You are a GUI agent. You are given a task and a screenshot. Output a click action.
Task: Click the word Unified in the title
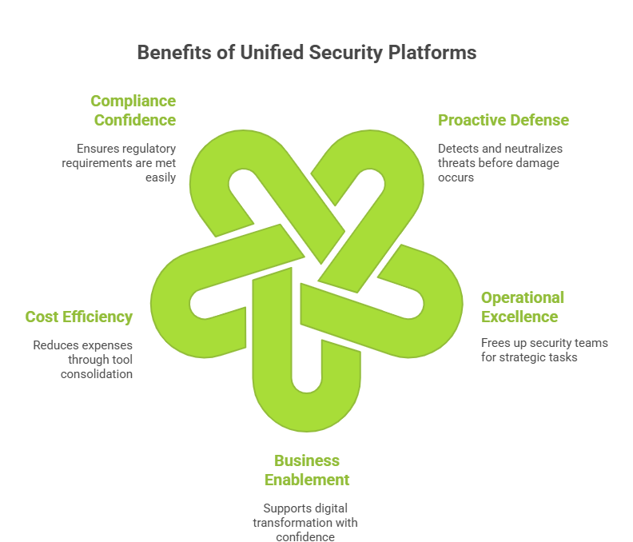tap(261, 53)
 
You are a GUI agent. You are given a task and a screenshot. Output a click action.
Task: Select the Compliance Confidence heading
tap(133, 110)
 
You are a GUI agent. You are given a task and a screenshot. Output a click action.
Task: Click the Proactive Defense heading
tap(504, 120)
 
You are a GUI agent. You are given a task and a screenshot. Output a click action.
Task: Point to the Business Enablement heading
tap(307, 470)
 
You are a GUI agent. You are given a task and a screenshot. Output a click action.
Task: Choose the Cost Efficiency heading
tap(79, 317)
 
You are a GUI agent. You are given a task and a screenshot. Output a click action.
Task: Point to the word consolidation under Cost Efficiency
tap(97, 373)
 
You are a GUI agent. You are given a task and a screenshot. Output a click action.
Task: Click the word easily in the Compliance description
tap(159, 177)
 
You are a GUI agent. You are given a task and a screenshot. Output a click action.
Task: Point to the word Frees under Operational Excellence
tap(497, 343)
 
